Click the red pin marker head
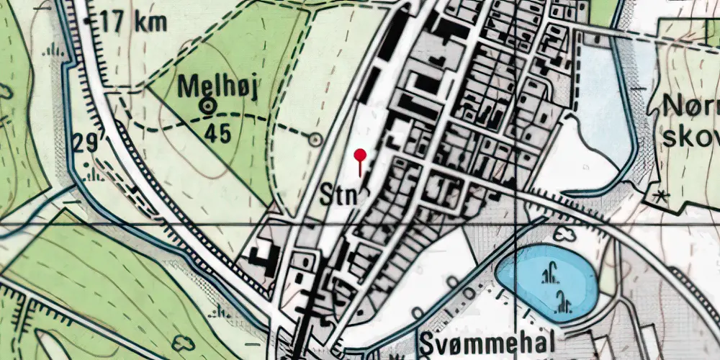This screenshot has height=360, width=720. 360,154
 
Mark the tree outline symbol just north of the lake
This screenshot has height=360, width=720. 564,233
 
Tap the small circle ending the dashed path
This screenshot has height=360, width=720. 315,139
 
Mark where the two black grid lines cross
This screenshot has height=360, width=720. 516,225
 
